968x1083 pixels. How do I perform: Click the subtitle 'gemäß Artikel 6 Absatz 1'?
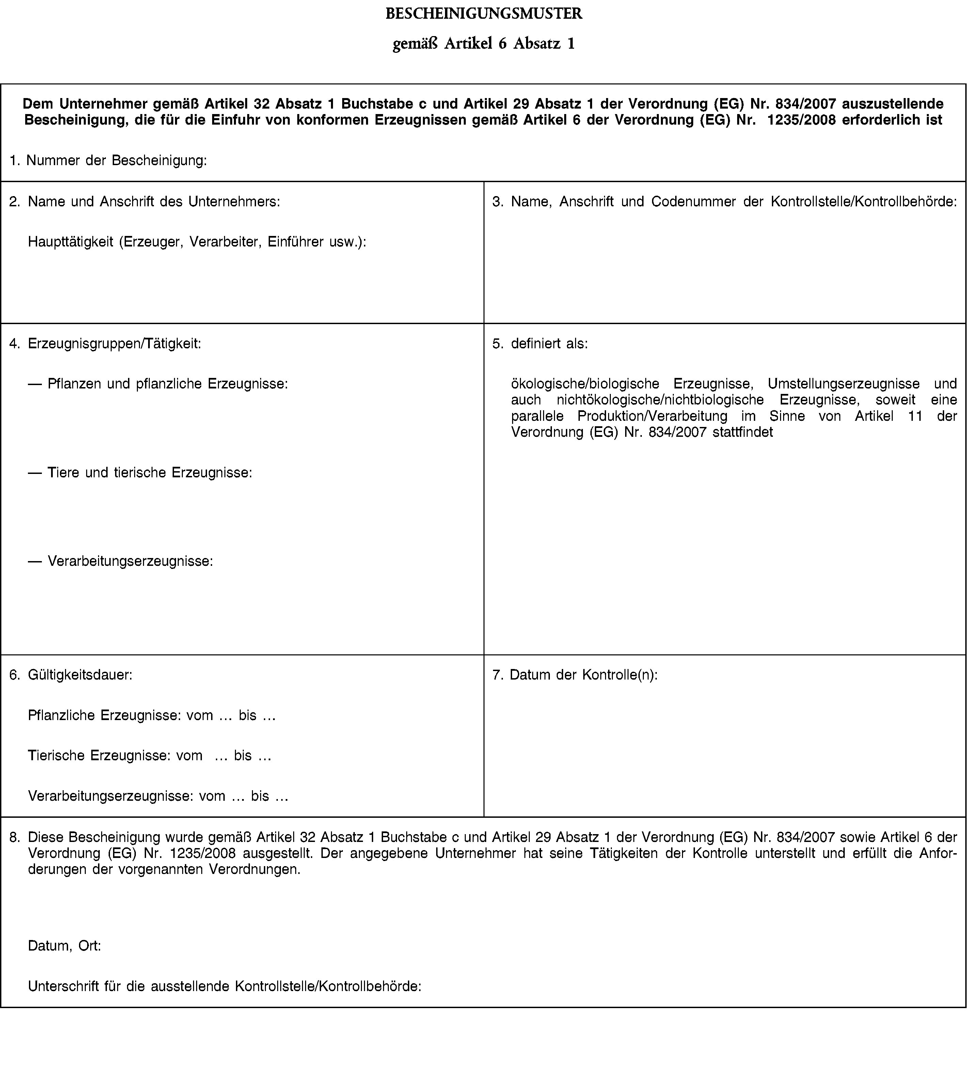[x=483, y=44]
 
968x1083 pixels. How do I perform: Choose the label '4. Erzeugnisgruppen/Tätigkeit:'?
[x=105, y=344]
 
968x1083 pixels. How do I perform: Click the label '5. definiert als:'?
[x=540, y=344]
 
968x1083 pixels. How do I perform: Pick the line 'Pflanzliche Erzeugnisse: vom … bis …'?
[x=152, y=715]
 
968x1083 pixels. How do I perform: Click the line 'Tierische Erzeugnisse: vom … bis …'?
[x=149, y=755]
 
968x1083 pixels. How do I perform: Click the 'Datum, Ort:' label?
[x=64, y=946]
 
